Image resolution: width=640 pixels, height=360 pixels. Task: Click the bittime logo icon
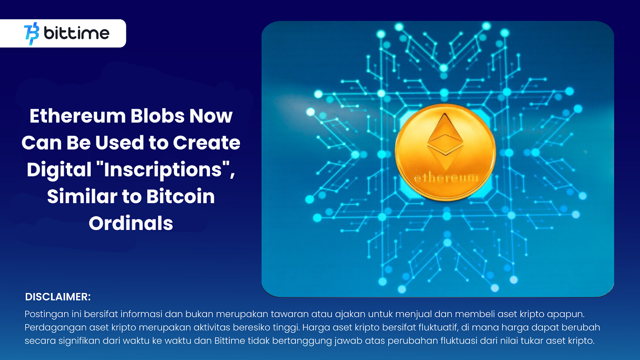(32, 34)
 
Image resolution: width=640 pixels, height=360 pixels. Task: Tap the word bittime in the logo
(76, 33)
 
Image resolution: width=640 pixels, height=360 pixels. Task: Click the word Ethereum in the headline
(78, 116)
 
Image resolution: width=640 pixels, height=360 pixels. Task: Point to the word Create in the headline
(206, 143)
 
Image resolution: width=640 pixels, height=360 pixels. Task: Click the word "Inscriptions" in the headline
(163, 170)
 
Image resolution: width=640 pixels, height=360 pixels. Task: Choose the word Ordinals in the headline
(131, 223)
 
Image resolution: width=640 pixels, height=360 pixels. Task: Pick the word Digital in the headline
(59, 170)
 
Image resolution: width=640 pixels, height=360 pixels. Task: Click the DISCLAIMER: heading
(58, 297)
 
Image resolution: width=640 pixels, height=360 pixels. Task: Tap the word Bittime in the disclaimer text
(230, 341)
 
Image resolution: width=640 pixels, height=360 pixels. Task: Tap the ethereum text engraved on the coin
(446, 178)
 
